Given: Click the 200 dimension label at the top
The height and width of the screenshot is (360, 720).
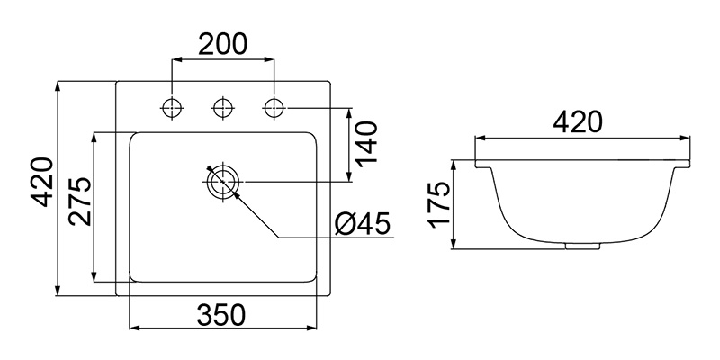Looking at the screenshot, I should tap(223, 43).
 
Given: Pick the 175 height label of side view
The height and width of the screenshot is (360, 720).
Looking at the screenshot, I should tap(438, 205).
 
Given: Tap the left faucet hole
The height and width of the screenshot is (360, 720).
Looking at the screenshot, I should tap(171, 108).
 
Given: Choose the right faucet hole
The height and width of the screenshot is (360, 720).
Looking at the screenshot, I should tap(273, 108).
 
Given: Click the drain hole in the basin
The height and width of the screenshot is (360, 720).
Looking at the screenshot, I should tap(221, 182).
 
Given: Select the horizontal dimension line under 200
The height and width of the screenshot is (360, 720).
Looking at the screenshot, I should tap(223, 60).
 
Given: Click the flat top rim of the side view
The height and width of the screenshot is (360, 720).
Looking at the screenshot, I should tap(586, 159).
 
